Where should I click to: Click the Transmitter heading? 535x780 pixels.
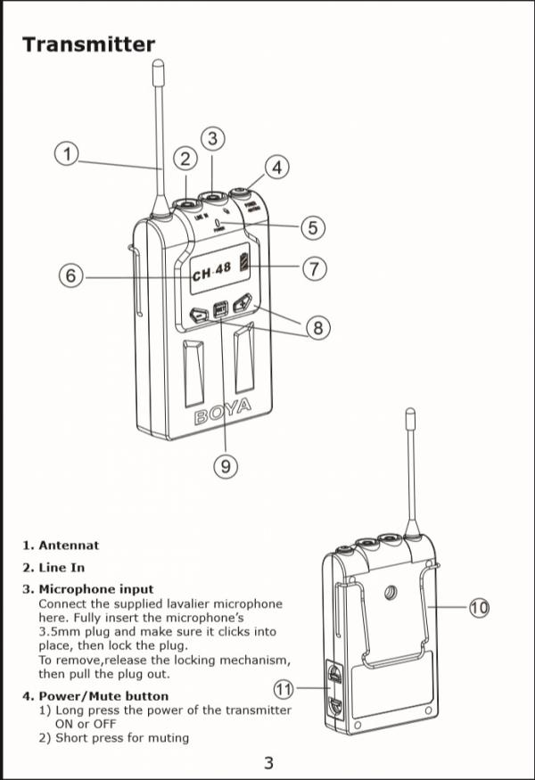(88, 45)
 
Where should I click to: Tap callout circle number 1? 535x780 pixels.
(66, 153)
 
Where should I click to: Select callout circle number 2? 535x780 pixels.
(185, 160)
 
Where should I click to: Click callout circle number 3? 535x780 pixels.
(212, 138)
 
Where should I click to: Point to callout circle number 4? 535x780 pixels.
(277, 167)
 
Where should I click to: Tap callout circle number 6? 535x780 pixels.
(70, 275)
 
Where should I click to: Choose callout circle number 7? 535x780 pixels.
(314, 267)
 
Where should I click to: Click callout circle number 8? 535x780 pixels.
(317, 328)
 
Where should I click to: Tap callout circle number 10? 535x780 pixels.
(479, 608)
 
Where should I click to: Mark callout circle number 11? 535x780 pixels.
(284, 687)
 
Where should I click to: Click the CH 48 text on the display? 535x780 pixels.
(211, 270)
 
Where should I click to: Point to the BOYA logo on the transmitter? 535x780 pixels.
(223, 413)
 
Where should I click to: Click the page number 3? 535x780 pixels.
(268, 763)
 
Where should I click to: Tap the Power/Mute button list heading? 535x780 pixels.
(103, 695)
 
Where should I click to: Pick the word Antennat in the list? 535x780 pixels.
(69, 545)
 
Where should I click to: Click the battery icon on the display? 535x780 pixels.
(243, 268)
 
